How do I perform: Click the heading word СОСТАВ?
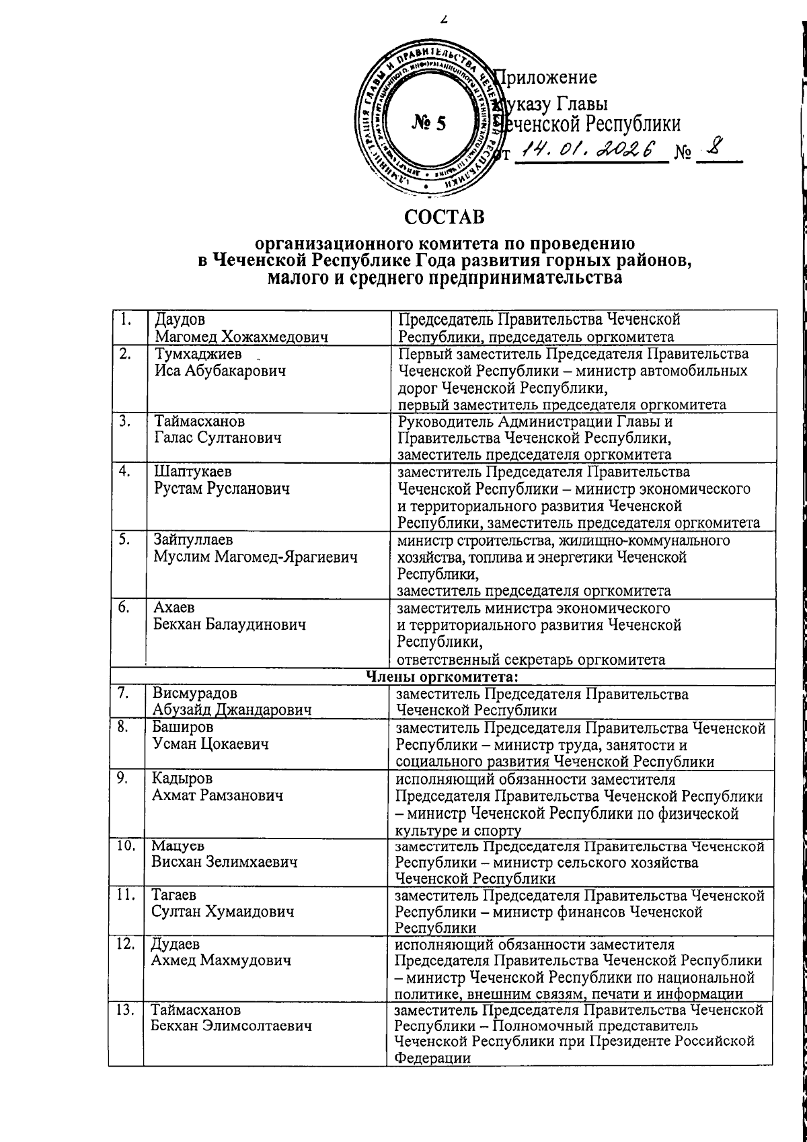click(444, 218)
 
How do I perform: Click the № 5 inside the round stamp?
click(428, 124)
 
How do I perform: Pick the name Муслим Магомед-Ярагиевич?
click(255, 557)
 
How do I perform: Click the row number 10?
click(124, 846)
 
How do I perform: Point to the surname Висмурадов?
click(194, 693)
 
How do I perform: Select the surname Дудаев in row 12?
click(176, 944)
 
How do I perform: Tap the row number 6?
click(124, 608)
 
